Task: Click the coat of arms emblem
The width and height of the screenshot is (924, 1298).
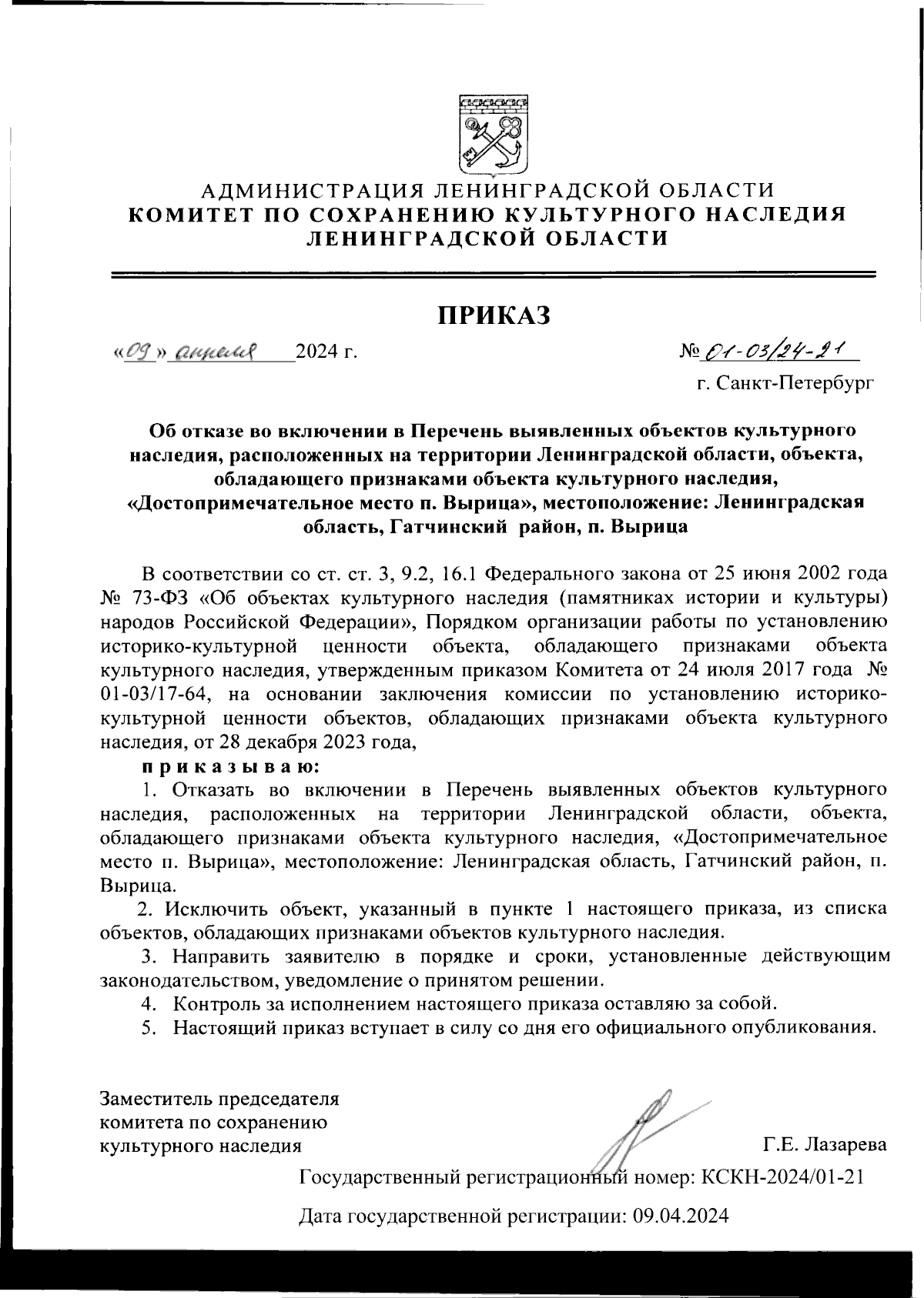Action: (493, 135)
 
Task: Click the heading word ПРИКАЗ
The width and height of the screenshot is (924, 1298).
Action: (495, 314)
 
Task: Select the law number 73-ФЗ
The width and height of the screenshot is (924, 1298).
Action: (157, 596)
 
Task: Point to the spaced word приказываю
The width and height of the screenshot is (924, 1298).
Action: (229, 766)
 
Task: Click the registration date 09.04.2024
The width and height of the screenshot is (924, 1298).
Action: (680, 1215)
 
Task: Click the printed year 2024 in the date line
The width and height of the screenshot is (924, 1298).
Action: (316, 352)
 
